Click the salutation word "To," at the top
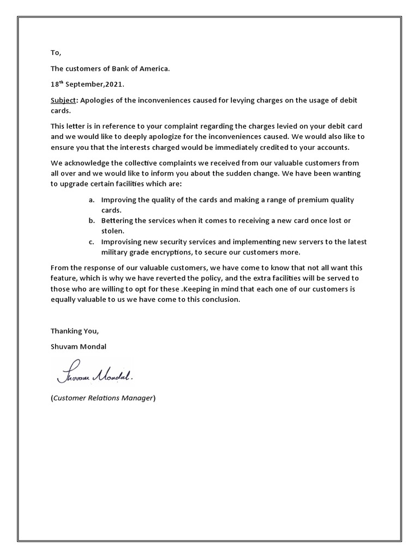(56, 52)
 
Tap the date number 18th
(57, 85)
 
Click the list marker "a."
(92, 200)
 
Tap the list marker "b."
(92, 220)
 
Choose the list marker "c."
(92, 241)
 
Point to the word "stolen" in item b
(112, 231)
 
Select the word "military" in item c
(116, 252)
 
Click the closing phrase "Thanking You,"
(75, 331)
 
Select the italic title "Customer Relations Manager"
(103, 398)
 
